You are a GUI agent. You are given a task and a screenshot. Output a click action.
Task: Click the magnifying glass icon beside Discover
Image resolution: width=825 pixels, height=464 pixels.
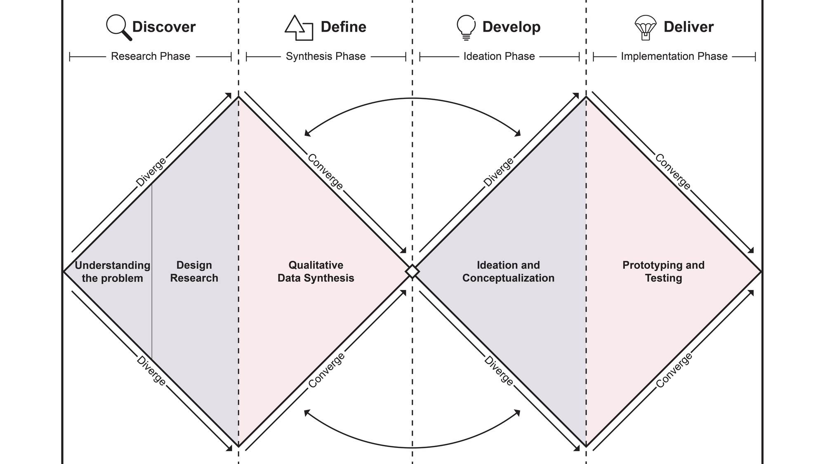(x=119, y=28)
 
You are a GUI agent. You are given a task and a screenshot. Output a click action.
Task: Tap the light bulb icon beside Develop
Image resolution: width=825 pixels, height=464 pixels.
(x=466, y=28)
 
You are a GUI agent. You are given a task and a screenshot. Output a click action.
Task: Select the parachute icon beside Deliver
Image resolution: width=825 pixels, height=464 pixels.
(x=646, y=28)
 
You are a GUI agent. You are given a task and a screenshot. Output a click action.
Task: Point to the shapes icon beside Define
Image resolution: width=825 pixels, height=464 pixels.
(x=299, y=28)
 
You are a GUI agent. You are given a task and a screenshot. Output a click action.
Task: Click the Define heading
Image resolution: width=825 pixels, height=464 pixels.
(x=344, y=27)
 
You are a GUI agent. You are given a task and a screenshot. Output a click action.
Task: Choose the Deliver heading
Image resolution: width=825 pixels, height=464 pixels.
(x=688, y=27)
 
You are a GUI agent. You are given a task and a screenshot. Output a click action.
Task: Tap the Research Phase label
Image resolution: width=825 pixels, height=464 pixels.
(x=151, y=56)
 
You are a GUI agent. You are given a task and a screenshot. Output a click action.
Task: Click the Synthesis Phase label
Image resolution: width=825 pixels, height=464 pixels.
(x=326, y=56)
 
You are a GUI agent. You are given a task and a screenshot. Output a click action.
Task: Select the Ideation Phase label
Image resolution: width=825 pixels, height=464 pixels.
(x=499, y=56)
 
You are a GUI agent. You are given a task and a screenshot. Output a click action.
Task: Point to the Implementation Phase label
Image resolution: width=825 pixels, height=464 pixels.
(x=674, y=56)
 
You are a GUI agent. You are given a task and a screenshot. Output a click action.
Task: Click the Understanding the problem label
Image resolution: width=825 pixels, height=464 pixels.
(x=113, y=271)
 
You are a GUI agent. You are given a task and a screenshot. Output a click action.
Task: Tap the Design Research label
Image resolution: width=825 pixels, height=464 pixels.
(x=194, y=271)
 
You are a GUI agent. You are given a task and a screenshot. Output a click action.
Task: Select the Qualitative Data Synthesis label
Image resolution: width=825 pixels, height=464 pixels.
(x=316, y=271)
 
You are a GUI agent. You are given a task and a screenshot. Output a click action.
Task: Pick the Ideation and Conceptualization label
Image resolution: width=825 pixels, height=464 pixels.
(x=508, y=271)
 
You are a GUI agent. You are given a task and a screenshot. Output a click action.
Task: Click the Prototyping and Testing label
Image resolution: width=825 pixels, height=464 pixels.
(x=663, y=271)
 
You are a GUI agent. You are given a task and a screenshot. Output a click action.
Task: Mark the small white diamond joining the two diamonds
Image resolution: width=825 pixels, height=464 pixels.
(x=412, y=272)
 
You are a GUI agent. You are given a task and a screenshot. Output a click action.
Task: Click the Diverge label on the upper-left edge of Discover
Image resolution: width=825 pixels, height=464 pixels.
(x=151, y=172)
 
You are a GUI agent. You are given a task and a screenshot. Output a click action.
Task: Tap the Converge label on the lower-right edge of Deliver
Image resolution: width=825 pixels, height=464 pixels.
(x=674, y=370)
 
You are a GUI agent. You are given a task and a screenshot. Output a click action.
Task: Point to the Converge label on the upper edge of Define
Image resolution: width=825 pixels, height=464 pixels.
(x=325, y=172)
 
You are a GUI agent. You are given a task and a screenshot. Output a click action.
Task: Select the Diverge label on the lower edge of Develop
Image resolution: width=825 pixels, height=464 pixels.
(x=499, y=371)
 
